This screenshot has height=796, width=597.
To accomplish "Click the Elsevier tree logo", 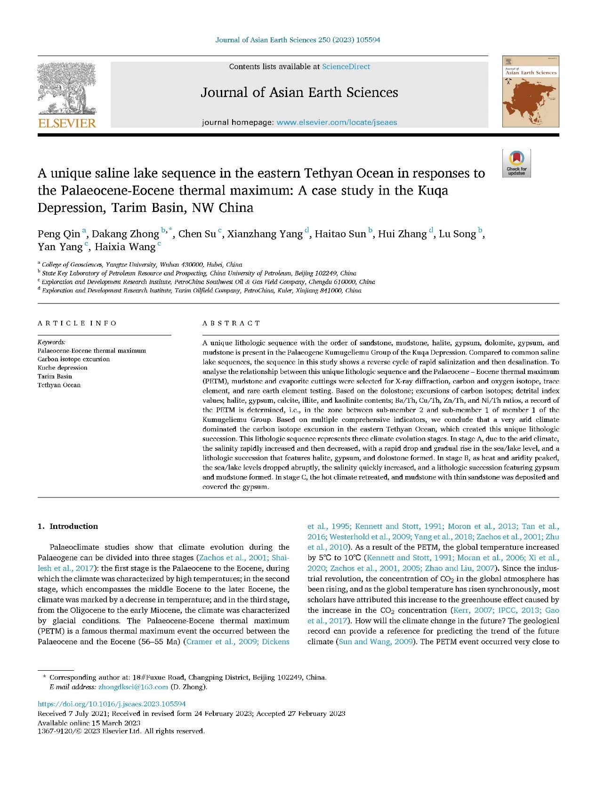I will point(67,89).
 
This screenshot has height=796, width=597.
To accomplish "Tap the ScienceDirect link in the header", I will point(346,67).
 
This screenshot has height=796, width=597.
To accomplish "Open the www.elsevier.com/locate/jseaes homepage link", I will point(337,122).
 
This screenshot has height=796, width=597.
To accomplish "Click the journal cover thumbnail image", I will point(531,92).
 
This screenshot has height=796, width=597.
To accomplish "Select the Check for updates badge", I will point(516,163).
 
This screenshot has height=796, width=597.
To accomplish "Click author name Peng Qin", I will point(59,234).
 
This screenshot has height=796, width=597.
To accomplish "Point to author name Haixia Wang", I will point(125,247).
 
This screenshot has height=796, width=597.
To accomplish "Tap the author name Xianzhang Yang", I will point(265,234).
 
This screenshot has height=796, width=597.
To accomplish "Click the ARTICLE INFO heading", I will point(77,323).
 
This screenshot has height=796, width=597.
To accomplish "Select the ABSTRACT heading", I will point(231,323).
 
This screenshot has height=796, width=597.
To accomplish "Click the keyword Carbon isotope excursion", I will point(73,359).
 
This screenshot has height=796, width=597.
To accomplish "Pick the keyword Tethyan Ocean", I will point(59,385).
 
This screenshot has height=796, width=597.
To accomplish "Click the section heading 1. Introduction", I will point(68,527).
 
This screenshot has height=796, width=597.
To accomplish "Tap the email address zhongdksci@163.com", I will point(133,687).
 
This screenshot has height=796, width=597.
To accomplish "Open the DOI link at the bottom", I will point(112,704).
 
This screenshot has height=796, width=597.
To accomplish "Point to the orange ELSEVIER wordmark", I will point(67,123).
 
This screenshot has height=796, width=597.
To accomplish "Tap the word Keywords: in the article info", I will point(51,342).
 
